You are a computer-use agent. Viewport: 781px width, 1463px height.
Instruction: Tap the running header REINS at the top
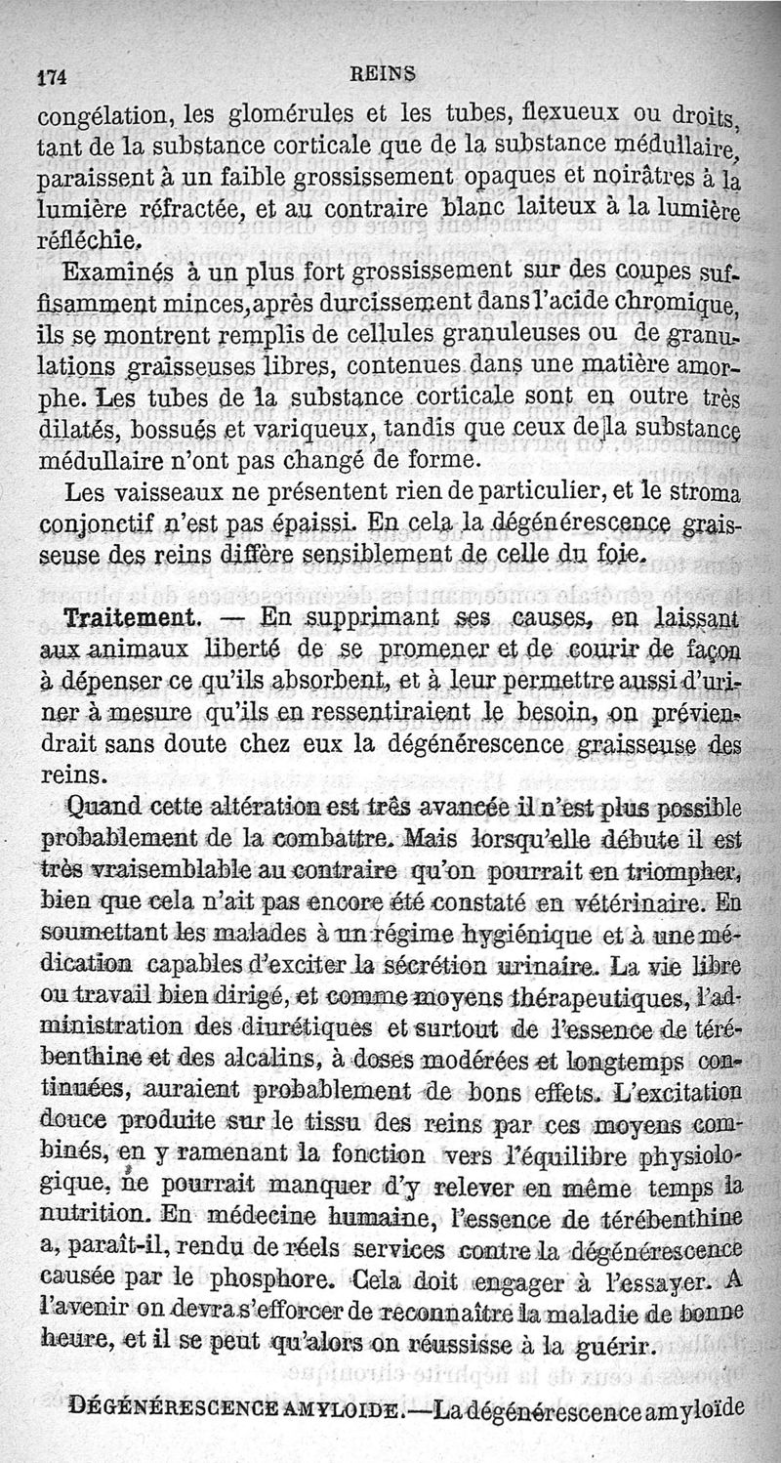(385, 71)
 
